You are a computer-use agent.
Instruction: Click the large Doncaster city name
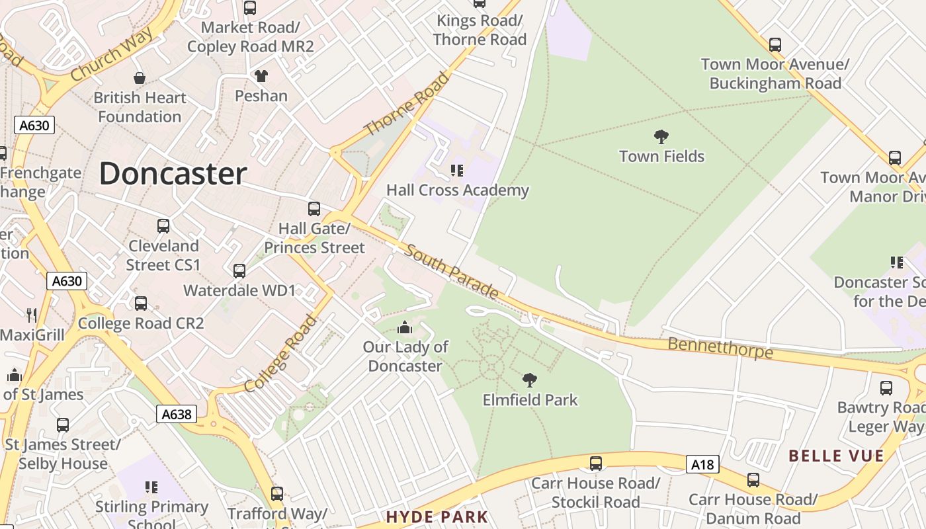click(173, 174)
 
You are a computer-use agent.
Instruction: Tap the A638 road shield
click(177, 414)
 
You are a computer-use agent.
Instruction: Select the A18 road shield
click(702, 465)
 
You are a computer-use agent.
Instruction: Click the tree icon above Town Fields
click(661, 137)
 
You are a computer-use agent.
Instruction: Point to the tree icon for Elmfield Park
click(529, 380)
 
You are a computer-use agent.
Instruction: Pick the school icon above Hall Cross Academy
click(457, 171)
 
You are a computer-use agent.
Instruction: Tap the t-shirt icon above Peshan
click(261, 76)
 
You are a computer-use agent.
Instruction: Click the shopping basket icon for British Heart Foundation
click(139, 78)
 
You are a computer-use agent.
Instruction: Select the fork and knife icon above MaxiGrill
click(31, 315)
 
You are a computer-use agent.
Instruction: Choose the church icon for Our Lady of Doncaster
click(405, 327)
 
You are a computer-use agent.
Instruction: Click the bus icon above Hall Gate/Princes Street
click(314, 209)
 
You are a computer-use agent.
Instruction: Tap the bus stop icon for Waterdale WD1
click(239, 271)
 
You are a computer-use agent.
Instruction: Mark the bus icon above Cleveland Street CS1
click(163, 226)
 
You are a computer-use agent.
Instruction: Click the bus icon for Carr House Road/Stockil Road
click(596, 464)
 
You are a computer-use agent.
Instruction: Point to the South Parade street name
click(452, 270)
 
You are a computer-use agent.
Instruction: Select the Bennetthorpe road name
click(720, 347)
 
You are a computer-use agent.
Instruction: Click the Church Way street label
click(111, 56)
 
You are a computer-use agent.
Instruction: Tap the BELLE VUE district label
click(836, 456)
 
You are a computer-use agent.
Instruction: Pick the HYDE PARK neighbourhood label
click(437, 517)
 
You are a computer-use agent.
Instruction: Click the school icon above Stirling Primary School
click(151, 487)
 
